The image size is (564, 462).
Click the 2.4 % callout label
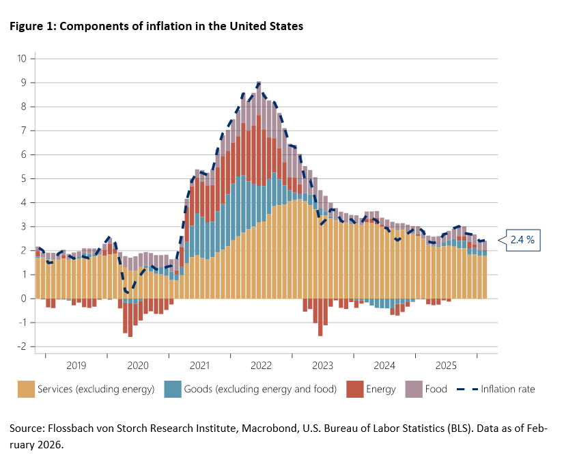521,241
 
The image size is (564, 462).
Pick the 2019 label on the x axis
76,366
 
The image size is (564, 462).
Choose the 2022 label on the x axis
261,366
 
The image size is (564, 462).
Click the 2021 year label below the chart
199,366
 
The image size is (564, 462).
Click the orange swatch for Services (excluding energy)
26,389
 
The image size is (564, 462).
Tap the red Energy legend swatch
355,389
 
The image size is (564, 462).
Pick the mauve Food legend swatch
414,389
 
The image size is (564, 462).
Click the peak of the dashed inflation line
259,83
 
